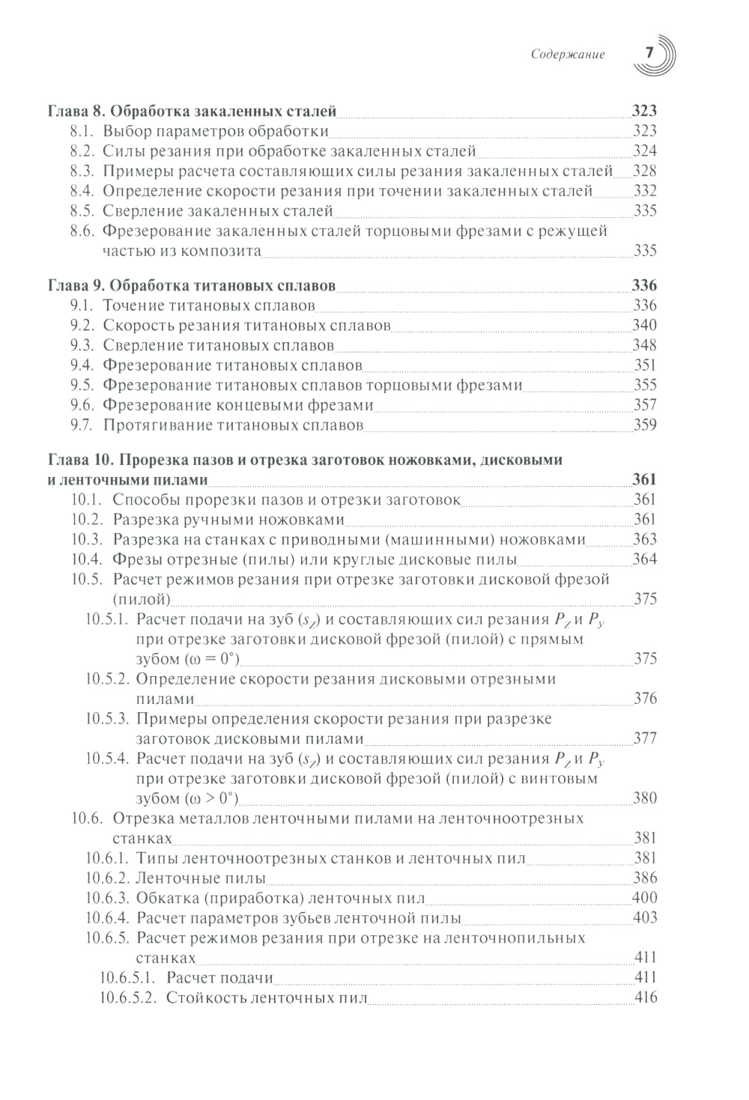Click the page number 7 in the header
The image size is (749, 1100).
[649, 53]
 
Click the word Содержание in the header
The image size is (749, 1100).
[567, 54]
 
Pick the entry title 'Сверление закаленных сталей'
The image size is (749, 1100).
[217, 211]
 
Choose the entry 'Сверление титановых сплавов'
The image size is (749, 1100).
[218, 346]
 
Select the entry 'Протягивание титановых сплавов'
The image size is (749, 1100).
[232, 425]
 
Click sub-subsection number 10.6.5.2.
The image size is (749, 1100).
[127, 997]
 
